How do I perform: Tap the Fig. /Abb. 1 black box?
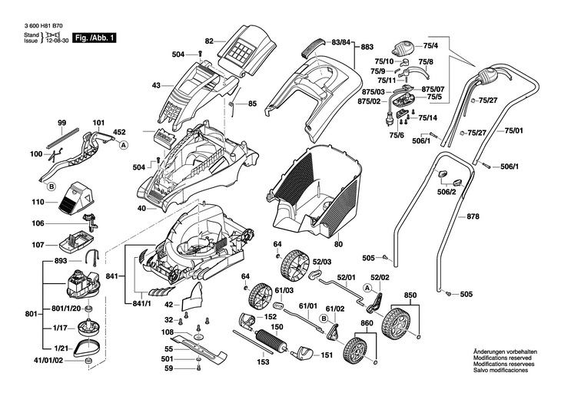tap(94, 38)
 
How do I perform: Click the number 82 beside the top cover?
tap(209, 41)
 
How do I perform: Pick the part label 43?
tap(156, 85)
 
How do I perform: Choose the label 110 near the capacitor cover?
tap(37, 202)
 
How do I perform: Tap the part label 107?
tap(37, 246)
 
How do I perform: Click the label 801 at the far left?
tap(10, 314)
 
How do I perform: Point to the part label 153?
tap(264, 362)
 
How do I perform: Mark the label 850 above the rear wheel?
tap(410, 295)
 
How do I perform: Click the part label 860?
tap(367, 325)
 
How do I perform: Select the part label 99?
tap(62, 123)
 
